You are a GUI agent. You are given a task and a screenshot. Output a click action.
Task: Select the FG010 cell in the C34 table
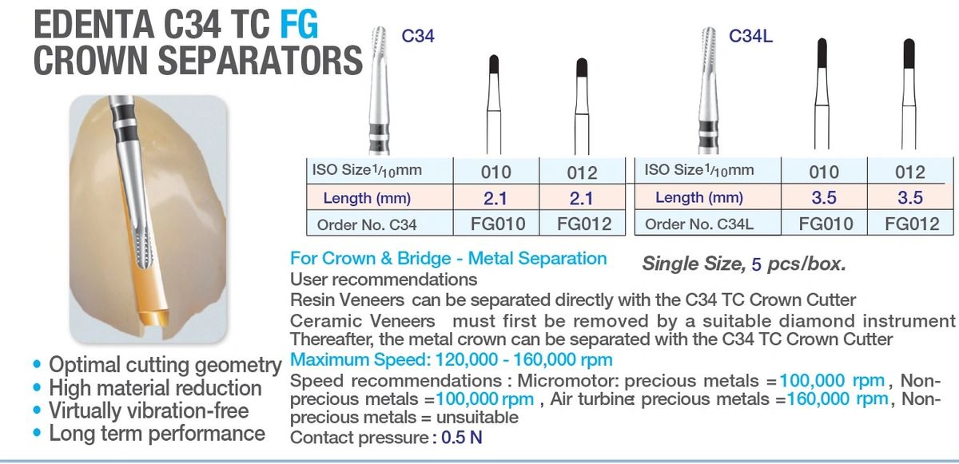point(496,224)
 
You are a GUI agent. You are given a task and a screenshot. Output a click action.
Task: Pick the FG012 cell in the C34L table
point(912,224)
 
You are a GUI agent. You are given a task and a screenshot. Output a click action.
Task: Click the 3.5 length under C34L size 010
point(824,197)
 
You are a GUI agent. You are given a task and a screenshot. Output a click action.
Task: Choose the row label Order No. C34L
point(698,224)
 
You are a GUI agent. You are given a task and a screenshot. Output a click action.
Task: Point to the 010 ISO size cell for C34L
point(824,172)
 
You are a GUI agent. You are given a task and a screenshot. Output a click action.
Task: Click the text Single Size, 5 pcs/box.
point(744,264)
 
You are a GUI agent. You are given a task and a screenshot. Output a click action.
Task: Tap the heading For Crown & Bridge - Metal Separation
point(448,259)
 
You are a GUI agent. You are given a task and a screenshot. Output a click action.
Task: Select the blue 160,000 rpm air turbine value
point(838,399)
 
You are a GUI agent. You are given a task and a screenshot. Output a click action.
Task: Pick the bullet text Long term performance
point(157,434)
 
